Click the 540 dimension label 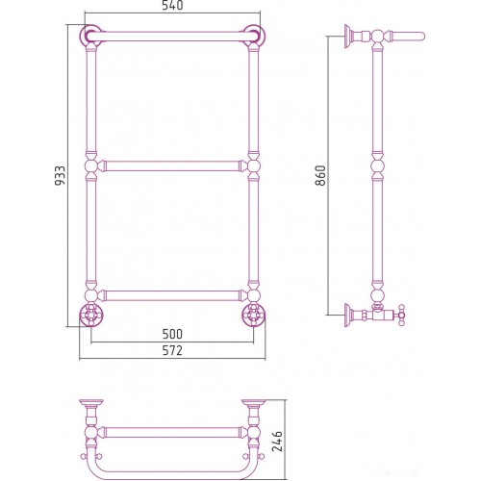tap(172, 5)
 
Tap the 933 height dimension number tap(60, 175)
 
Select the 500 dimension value tap(172, 334)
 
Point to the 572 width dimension tap(172, 350)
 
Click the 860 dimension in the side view tap(320, 175)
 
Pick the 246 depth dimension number tap(277, 442)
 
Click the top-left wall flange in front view tap(90, 36)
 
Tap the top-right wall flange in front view tap(254, 36)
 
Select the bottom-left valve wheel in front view tap(90, 315)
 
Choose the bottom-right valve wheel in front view tap(254, 315)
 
